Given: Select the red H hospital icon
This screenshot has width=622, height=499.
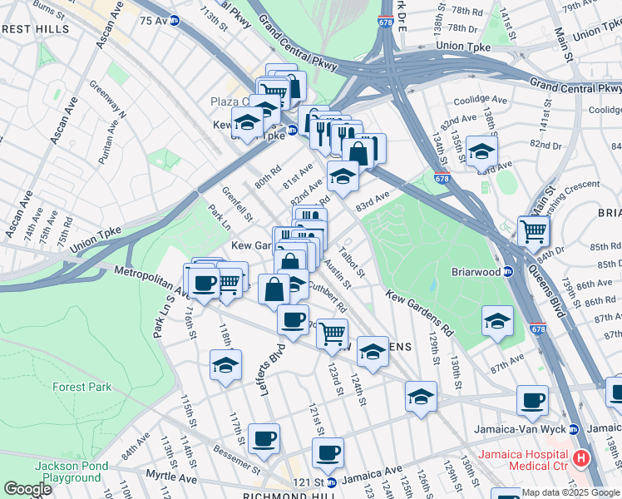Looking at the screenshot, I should [x=581, y=457].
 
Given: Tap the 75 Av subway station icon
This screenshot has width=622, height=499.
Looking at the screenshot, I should [x=175, y=20].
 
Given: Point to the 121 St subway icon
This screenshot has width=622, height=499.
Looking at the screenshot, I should [x=331, y=482].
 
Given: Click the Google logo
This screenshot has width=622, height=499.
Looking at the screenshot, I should [x=27, y=489].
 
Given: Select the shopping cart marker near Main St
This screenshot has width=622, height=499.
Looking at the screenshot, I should [x=533, y=230].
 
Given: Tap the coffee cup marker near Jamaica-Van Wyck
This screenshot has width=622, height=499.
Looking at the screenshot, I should [x=532, y=399].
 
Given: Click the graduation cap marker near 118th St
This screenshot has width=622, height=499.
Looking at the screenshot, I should [x=226, y=364].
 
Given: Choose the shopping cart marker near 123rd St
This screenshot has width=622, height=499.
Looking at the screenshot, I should [x=332, y=333].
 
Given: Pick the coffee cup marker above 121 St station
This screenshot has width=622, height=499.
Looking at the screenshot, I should [x=328, y=452].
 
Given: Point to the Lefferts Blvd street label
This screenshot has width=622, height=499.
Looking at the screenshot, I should [x=272, y=369].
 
